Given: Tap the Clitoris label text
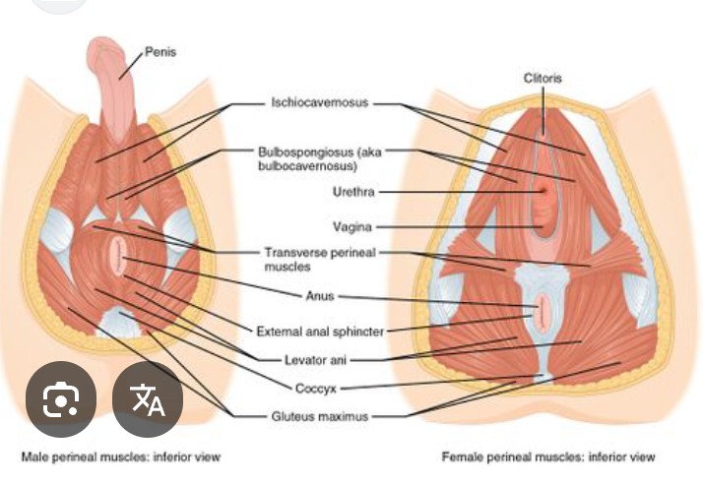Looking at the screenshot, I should [x=543, y=77].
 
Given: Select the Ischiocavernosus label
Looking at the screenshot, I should [x=320, y=101].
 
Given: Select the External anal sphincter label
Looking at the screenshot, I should [x=320, y=332].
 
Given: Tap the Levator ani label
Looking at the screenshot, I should [x=320, y=359].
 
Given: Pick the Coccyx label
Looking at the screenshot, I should [x=318, y=388].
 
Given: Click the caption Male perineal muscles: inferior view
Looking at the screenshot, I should [x=121, y=457].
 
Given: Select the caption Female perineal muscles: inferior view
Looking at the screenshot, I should [x=548, y=457].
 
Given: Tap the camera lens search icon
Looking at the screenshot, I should [x=61, y=399].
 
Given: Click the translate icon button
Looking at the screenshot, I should [x=149, y=399].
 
